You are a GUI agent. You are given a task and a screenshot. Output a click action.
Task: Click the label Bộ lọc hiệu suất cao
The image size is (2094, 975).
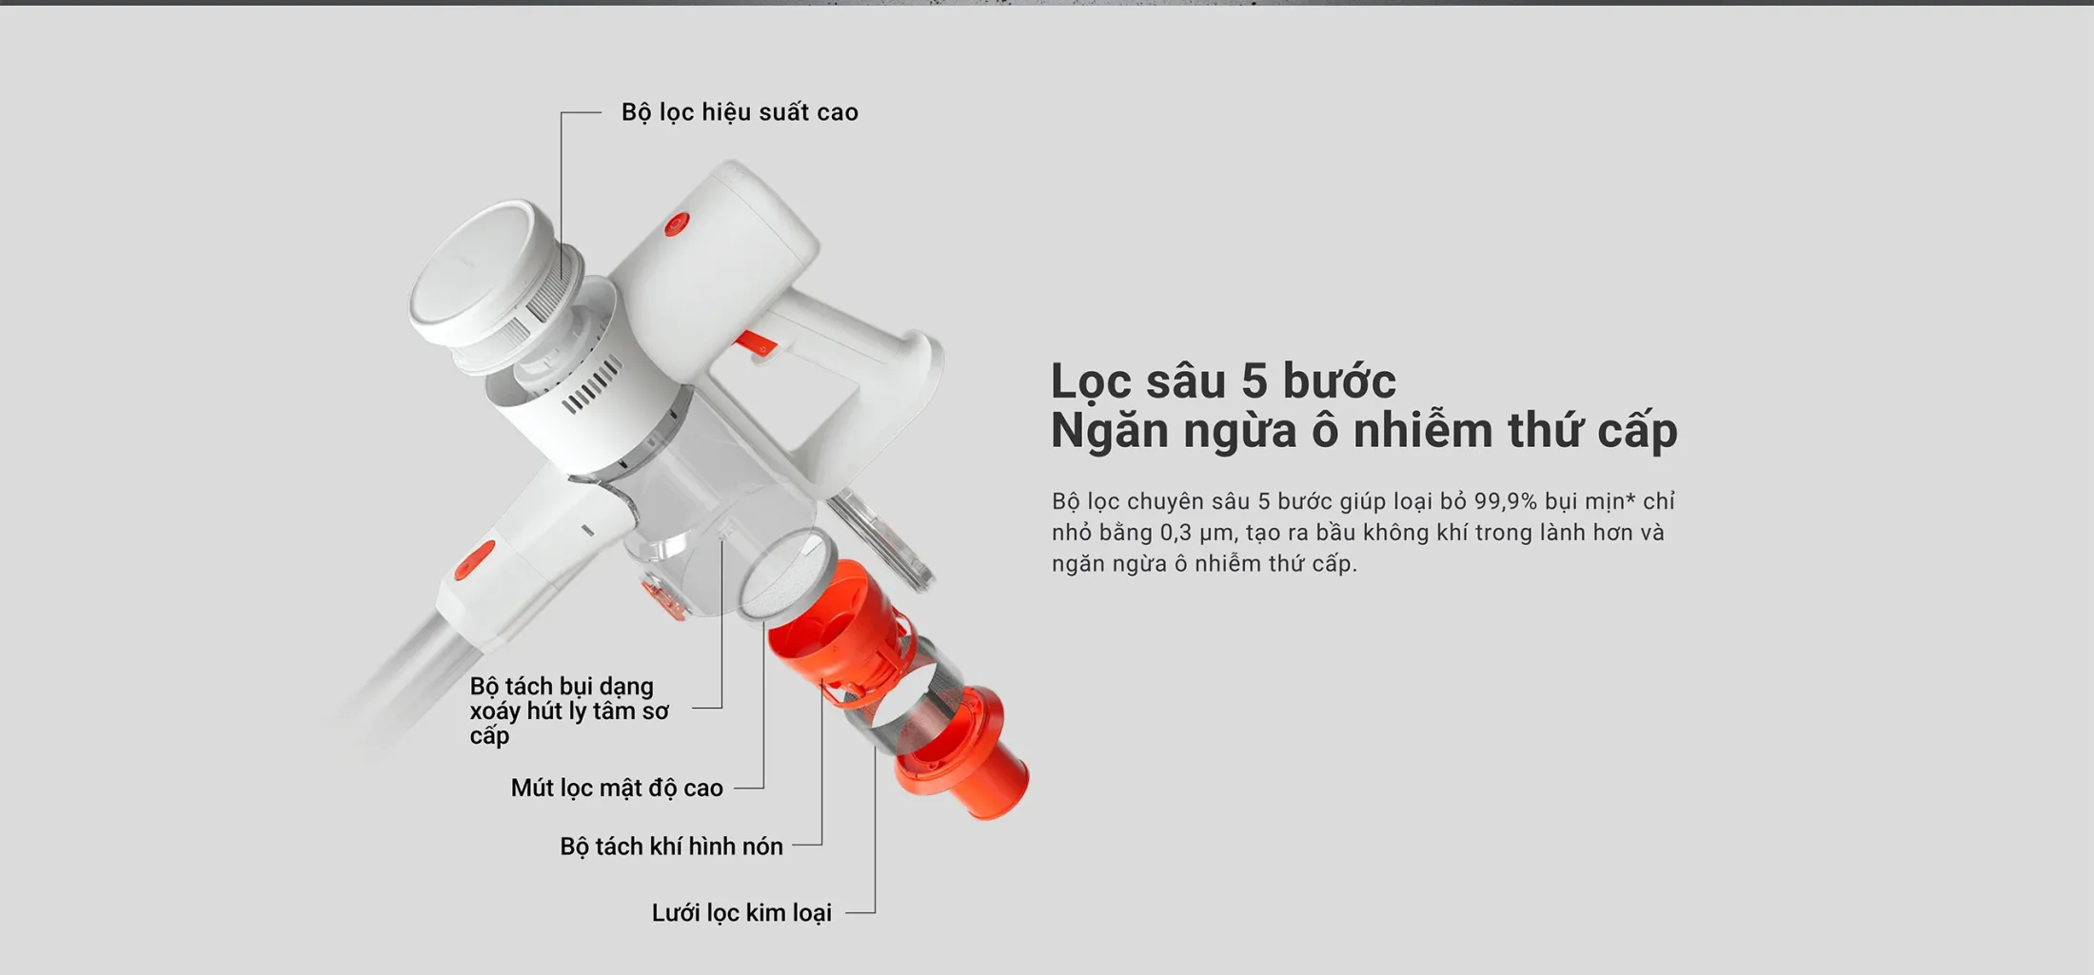(x=740, y=112)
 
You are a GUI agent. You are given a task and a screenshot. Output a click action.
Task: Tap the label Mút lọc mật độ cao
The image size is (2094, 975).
(x=617, y=788)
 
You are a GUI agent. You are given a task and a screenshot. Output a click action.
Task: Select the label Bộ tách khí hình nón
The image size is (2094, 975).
(x=671, y=846)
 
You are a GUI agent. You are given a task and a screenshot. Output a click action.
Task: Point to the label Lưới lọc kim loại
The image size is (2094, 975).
(x=741, y=912)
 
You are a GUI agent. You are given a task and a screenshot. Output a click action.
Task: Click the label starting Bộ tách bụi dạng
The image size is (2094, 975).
(x=568, y=711)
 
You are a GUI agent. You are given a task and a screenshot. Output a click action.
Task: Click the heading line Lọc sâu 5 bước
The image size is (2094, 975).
(x=1223, y=381)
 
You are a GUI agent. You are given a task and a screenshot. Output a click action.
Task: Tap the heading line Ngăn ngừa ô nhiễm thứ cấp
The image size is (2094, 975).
(x=1364, y=430)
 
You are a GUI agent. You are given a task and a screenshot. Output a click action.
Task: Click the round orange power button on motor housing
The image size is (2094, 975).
(x=676, y=224)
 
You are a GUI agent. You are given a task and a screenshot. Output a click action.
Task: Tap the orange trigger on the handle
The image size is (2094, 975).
(x=757, y=341)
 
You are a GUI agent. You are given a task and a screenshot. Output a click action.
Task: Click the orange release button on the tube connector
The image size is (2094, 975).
(x=474, y=560)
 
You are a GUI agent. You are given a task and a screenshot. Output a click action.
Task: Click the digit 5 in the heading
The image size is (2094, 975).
(x=1254, y=381)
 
